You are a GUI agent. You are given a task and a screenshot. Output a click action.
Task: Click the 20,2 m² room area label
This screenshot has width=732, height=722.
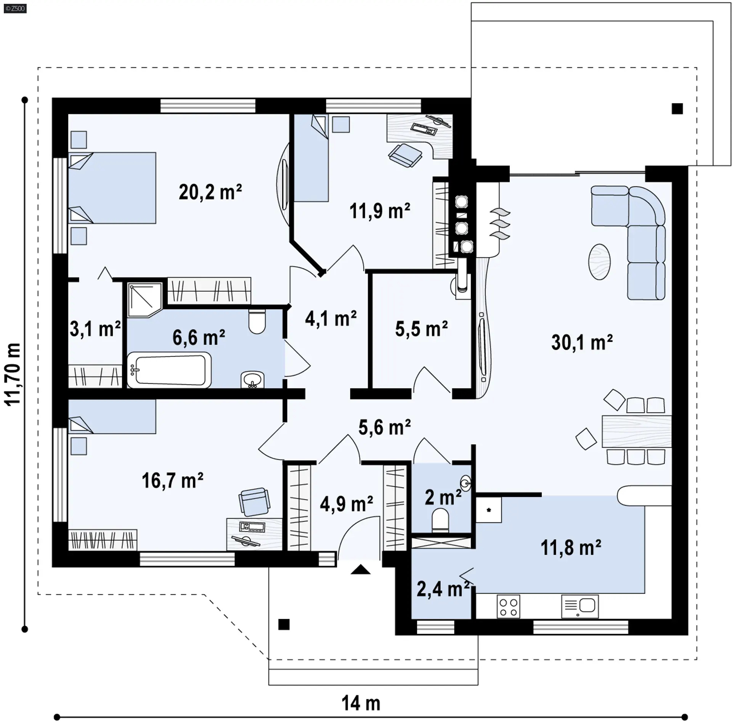(210, 192)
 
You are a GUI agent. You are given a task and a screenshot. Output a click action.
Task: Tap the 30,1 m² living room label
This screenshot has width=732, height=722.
(582, 342)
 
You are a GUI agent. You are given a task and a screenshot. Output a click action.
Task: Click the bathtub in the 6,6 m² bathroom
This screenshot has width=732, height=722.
(169, 370)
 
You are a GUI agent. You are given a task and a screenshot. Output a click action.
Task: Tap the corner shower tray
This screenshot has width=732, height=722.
(144, 300)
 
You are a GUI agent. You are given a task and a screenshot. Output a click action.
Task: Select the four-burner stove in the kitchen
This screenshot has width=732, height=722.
(508, 607)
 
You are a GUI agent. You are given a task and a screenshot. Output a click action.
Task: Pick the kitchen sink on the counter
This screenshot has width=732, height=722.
(580, 607)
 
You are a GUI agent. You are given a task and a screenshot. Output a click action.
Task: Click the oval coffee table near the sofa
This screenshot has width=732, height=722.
(599, 262)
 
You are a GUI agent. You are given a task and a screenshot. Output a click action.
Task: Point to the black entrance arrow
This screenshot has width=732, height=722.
(361, 570)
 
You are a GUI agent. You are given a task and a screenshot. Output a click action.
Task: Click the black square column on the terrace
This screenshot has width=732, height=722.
(677, 109)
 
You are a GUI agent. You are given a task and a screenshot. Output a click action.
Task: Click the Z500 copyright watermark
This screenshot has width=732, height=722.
(15, 8)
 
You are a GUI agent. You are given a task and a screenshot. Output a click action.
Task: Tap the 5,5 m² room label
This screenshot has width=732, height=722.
(421, 329)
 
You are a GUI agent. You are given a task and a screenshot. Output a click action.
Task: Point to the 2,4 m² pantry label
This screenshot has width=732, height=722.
(443, 589)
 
